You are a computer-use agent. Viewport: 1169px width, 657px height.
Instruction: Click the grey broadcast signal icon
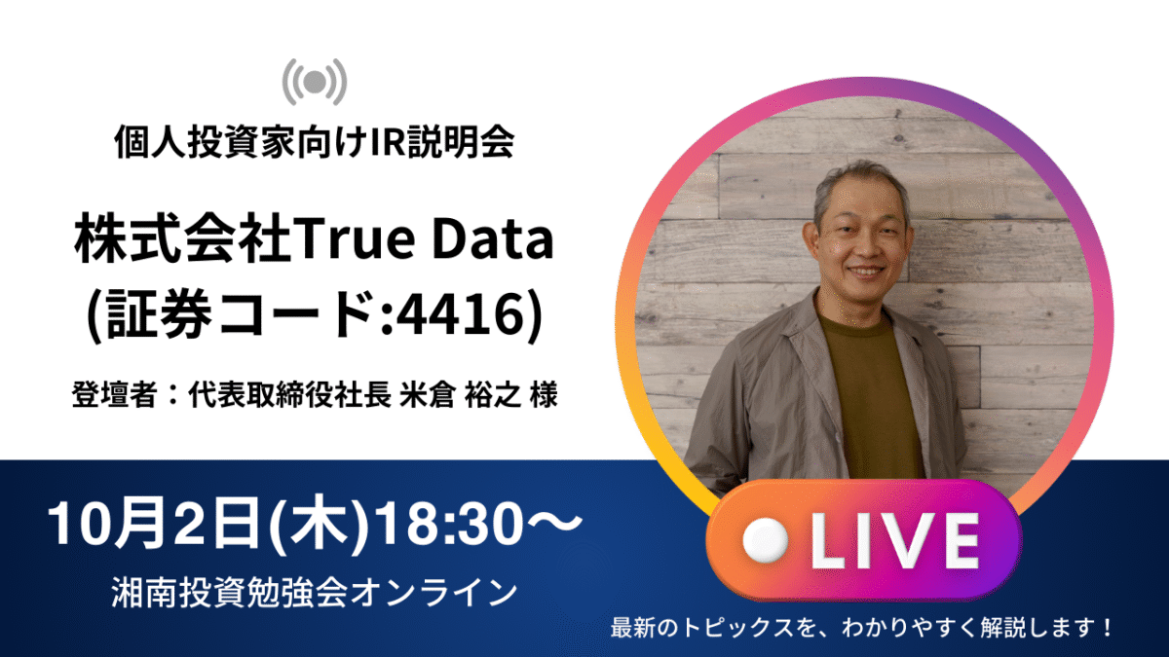click(x=315, y=82)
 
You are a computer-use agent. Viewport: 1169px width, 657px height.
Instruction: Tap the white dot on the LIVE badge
click(x=765, y=540)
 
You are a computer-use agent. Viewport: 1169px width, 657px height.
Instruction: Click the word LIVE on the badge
click(x=894, y=540)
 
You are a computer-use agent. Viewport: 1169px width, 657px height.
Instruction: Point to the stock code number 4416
click(x=459, y=314)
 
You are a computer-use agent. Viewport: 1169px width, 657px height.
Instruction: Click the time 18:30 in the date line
click(x=449, y=523)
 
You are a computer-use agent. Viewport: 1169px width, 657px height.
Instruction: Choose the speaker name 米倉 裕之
click(x=460, y=394)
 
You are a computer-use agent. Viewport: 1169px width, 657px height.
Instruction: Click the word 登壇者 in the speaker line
click(x=114, y=394)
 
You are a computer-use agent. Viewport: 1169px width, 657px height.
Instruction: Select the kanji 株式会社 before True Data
click(x=182, y=239)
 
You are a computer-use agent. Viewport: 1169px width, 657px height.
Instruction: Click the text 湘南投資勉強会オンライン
click(x=314, y=593)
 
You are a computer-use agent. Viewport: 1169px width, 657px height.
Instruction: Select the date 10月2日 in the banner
click(x=155, y=523)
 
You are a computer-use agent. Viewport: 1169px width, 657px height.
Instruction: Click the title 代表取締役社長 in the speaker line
click(x=289, y=394)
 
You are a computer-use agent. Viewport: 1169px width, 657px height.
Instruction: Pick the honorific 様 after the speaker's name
click(x=543, y=394)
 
